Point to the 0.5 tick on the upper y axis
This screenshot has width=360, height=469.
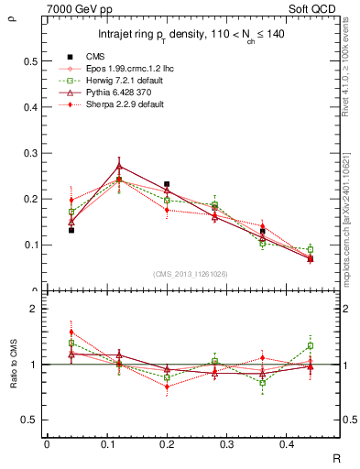click(31, 61)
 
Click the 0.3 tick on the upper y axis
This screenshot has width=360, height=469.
click(31, 153)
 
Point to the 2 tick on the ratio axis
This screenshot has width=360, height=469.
click(34, 310)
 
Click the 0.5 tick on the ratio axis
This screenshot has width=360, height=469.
click(31, 420)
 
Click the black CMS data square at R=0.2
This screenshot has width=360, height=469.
click(167, 184)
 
